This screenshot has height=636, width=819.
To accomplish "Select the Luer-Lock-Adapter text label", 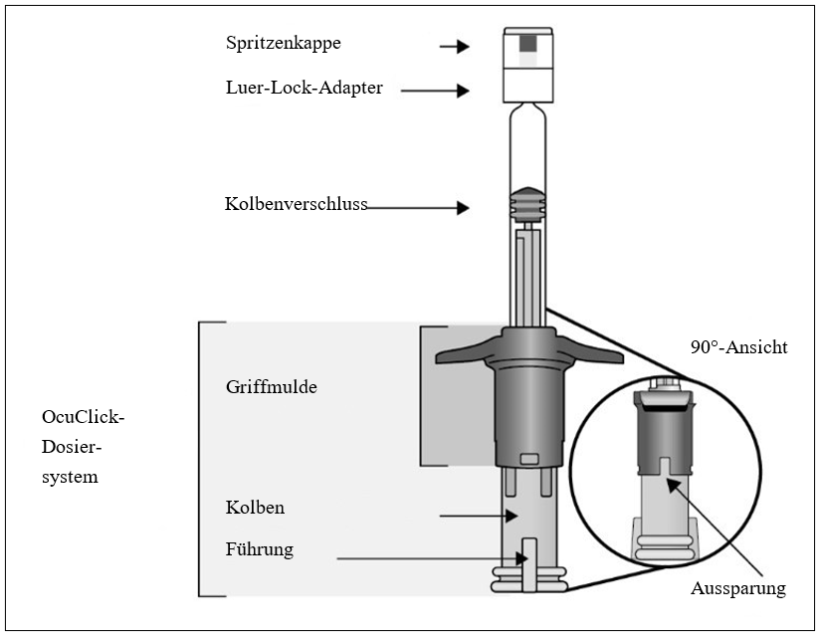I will click(x=304, y=88).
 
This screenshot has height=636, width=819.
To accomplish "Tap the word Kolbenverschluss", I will click(x=296, y=204).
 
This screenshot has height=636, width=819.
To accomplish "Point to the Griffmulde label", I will click(x=272, y=387).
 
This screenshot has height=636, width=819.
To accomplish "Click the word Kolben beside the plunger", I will click(x=255, y=508).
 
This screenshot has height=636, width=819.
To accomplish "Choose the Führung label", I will click(x=260, y=548).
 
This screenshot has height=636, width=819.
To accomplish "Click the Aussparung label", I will click(x=737, y=588).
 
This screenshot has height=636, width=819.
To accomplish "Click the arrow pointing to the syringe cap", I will click(x=455, y=46).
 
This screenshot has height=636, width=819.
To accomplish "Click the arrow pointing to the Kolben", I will click(x=480, y=516).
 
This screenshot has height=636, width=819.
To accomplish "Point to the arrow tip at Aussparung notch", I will click(x=670, y=482).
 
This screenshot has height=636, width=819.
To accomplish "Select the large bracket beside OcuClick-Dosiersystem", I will click(x=202, y=459).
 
